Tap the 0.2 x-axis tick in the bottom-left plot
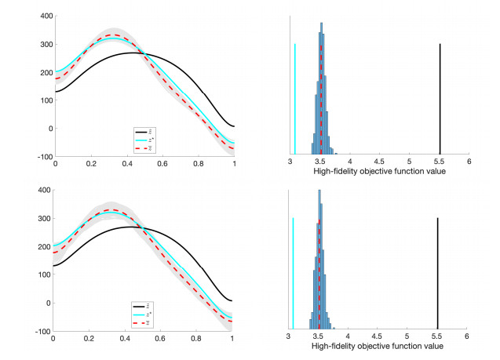(88, 339)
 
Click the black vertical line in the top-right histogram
(440, 98)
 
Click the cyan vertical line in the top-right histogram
(295, 98)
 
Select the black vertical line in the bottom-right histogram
(437, 272)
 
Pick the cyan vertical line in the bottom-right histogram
(293, 272)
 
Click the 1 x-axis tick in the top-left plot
(234, 165)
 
